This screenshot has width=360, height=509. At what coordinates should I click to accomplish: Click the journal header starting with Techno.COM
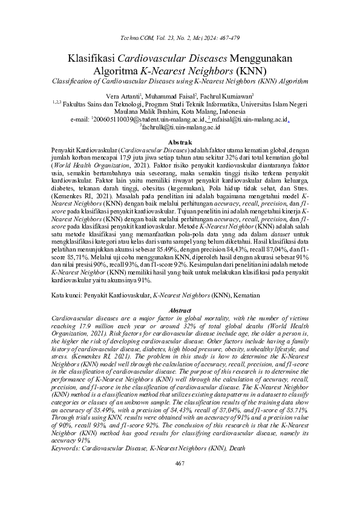tap(180, 37)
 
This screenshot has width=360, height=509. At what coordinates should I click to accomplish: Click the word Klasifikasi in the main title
tap(91, 59)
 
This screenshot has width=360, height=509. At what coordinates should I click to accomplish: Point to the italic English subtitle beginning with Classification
tap(180, 81)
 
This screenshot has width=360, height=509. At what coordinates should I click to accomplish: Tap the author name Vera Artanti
tap(122, 96)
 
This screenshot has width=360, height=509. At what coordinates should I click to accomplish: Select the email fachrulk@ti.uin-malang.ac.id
tap(180, 128)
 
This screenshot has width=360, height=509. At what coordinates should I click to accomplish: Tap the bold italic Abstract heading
tap(180, 310)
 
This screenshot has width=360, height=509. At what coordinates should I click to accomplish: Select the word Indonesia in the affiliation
tap(241, 112)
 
